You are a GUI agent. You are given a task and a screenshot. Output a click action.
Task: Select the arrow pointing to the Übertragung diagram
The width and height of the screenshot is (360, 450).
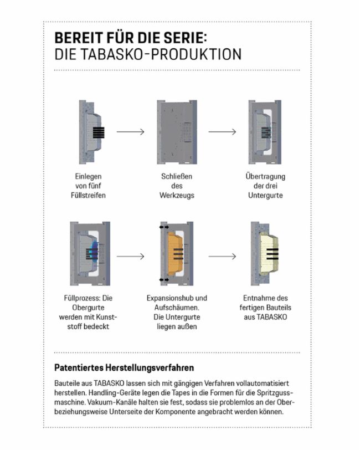click(222, 132)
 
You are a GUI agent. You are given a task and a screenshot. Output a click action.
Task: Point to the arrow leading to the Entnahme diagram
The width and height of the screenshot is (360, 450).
click(222, 256)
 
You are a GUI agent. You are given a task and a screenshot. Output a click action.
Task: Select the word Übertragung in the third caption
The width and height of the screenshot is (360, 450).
click(264, 177)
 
